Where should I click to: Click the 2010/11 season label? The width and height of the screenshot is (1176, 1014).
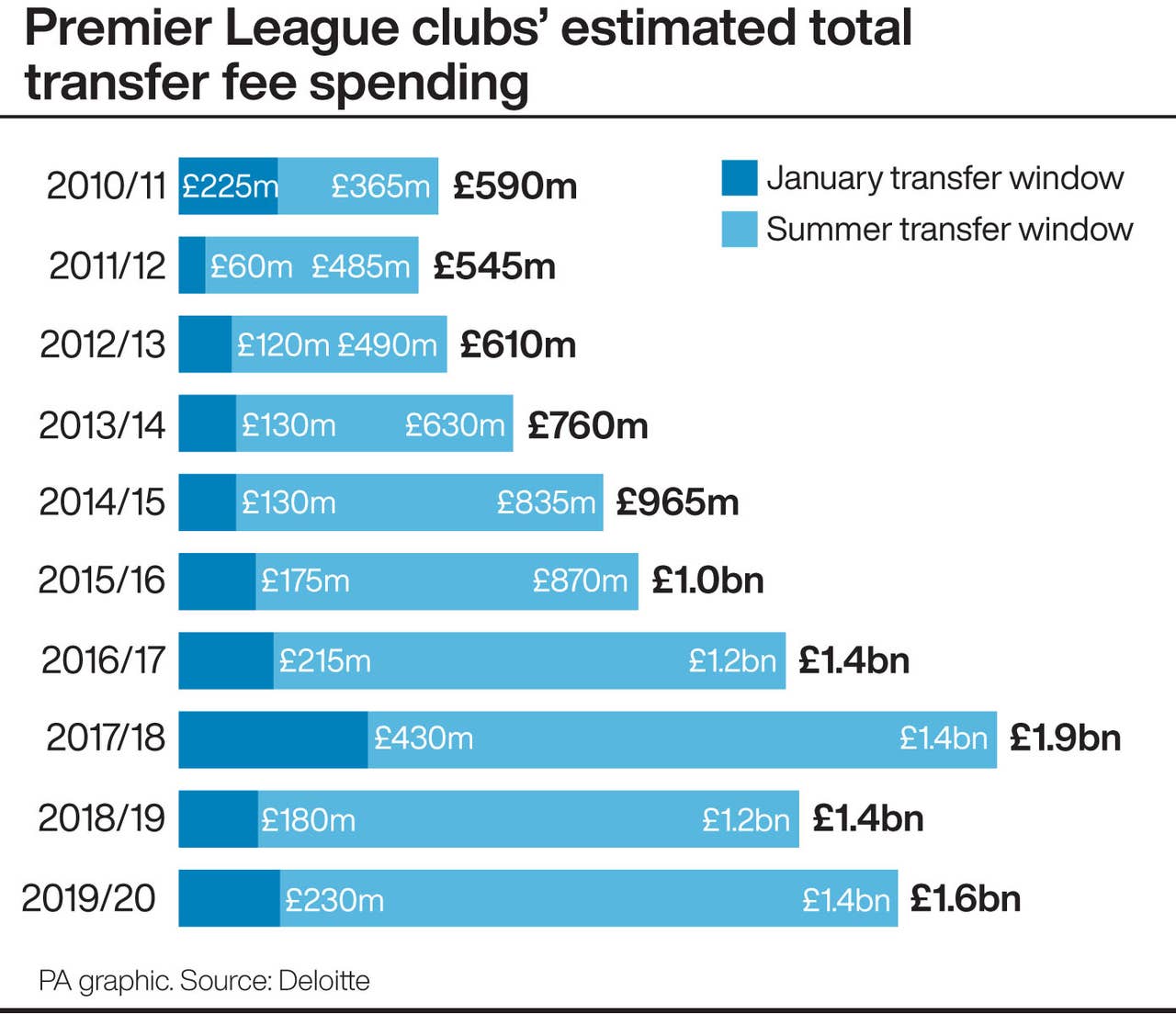click(106, 186)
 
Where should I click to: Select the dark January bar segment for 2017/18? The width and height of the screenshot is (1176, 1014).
click(273, 739)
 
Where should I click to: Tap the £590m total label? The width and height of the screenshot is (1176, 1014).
click(514, 186)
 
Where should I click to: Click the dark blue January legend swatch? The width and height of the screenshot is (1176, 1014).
click(739, 178)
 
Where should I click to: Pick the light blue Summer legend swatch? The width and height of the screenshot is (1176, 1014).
click(739, 230)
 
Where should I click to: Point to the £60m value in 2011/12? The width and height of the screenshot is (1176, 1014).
click(251, 266)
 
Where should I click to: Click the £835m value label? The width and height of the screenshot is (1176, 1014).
click(546, 502)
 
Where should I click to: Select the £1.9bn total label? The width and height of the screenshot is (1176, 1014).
click(1065, 738)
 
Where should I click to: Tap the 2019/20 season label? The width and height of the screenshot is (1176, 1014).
click(89, 898)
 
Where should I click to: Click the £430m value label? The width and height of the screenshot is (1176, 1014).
click(424, 738)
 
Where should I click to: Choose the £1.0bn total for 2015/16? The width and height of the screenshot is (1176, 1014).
click(707, 580)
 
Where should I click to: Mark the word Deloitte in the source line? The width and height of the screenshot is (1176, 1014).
click(323, 981)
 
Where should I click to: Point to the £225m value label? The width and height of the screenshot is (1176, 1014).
click(229, 186)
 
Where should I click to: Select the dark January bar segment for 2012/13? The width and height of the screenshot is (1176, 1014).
click(205, 344)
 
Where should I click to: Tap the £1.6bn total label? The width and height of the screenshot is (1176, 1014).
click(965, 898)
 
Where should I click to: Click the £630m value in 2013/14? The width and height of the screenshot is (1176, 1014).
click(455, 425)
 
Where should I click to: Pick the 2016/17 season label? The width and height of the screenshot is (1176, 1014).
click(103, 660)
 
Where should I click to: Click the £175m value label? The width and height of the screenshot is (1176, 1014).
click(305, 580)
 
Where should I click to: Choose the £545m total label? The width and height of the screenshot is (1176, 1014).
click(494, 266)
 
